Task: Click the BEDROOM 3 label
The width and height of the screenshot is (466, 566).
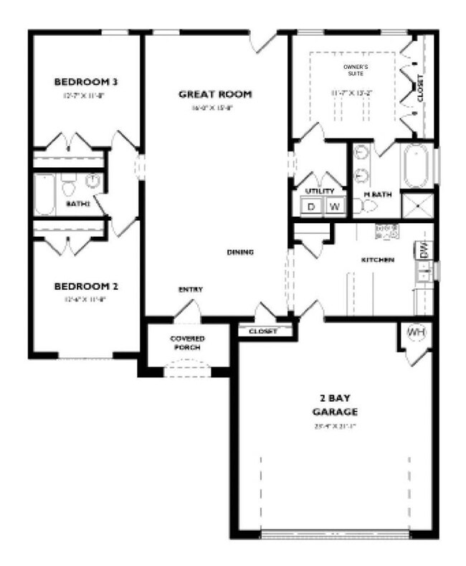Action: click(x=85, y=82)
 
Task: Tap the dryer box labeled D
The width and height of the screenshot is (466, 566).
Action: click(x=311, y=207)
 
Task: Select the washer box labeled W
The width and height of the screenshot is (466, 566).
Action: click(x=334, y=207)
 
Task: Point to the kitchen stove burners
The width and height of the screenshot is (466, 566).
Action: click(x=386, y=230)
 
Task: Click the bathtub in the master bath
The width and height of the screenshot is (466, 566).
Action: click(x=415, y=167)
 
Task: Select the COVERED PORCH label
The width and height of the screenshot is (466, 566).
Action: click(x=187, y=342)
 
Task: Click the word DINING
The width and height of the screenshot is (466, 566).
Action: click(x=241, y=252)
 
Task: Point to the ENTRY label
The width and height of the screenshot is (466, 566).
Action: click(x=190, y=289)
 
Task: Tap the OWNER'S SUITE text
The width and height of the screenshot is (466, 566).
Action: click(x=353, y=69)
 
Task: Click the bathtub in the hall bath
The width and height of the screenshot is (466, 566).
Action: click(x=45, y=194)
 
